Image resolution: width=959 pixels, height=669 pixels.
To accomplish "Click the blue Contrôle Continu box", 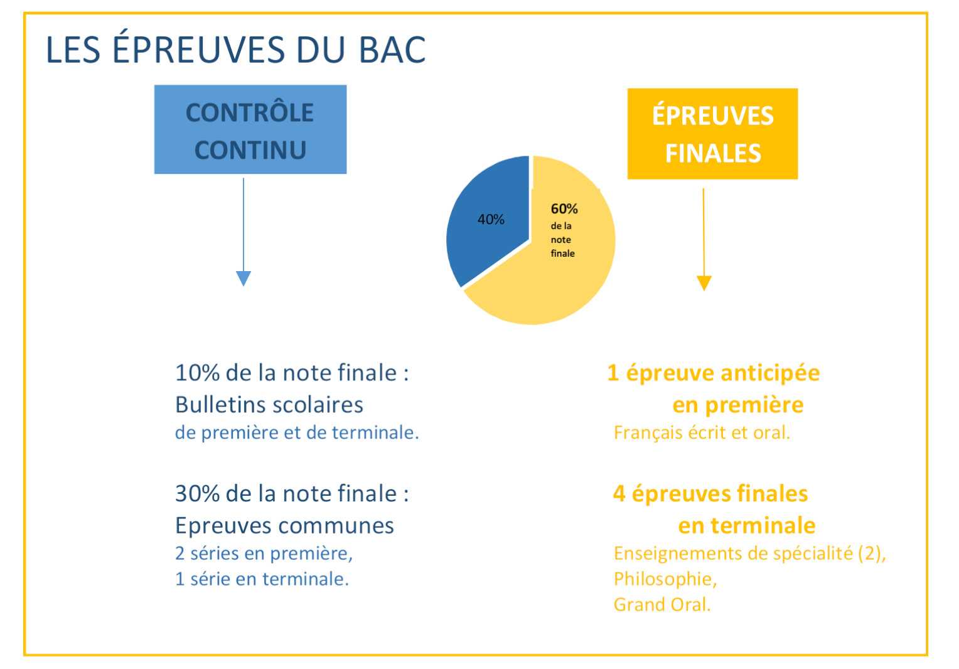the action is pos(250,129).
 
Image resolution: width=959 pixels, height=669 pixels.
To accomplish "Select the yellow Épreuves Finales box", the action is pos(713,134).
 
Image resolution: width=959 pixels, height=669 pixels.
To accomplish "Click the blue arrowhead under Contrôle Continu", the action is pos(243,278).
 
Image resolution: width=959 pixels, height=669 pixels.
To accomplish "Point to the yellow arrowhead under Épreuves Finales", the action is pos(704,283).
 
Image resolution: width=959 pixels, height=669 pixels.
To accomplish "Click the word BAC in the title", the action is pos(392,50).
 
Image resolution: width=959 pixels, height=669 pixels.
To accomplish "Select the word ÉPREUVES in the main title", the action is pos(199,47).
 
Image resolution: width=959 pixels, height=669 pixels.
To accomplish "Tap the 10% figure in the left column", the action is pos(197,372).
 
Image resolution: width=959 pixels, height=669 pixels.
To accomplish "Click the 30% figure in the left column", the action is pos(197,493).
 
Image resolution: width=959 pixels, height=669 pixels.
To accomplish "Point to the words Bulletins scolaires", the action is pos(269,405).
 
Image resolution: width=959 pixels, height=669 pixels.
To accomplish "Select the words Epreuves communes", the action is pos(285,526).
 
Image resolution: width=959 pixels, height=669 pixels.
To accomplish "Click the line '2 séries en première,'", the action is pos(264,554).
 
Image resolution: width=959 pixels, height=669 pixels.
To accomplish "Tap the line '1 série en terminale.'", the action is pos(262,579).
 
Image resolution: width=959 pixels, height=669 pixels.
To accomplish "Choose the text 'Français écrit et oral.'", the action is pos(702,432).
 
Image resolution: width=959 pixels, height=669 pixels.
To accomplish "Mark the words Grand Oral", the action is pos(662,605).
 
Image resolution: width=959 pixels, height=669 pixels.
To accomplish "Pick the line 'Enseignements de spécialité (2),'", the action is pos(750,554).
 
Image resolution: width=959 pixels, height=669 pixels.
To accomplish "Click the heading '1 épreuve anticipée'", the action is pos(714,373).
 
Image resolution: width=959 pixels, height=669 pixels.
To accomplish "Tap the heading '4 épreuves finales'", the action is pos(710,493).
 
